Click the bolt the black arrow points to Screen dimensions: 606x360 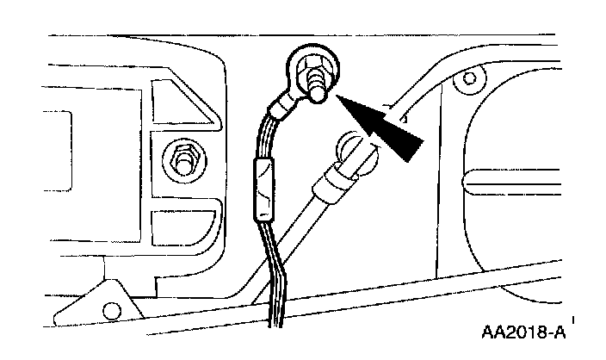[314, 84]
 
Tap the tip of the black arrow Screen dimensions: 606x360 [337, 97]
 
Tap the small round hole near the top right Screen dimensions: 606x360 [469, 83]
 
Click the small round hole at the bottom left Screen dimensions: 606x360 [111, 309]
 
